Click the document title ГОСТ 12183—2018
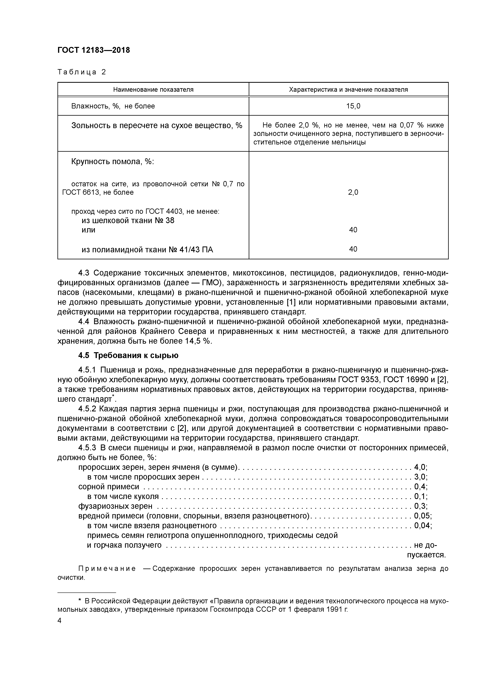pos(94,50)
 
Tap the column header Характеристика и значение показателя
pos(348,90)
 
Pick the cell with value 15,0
pos(353,106)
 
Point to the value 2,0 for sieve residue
pos(353,193)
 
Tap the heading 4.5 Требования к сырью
pos(128,356)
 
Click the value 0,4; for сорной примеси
pos(420,487)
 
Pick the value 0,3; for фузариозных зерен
pos(420,506)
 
